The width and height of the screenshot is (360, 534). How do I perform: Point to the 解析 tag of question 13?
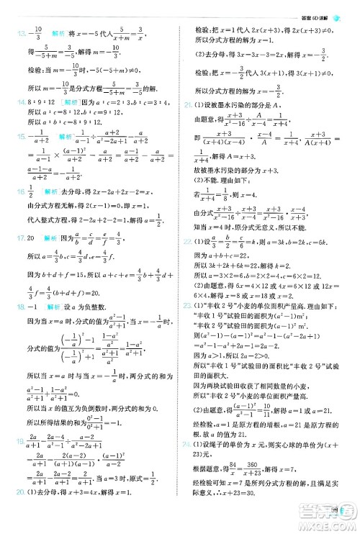59,34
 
